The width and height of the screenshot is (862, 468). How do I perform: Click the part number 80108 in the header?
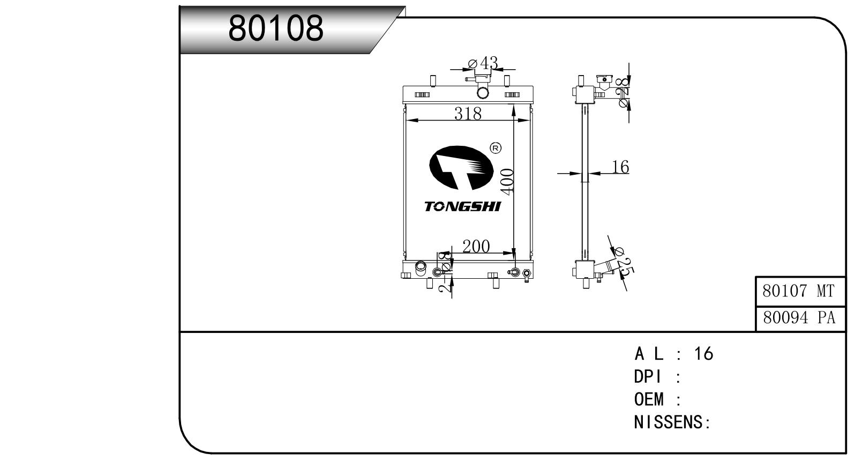pyautogui.click(x=276, y=28)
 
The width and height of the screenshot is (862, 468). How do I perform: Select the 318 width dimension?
pyautogui.click(x=468, y=113)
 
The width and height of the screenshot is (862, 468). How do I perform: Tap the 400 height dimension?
pyautogui.click(x=506, y=181)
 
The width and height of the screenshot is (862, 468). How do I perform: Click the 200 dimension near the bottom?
pyautogui.click(x=476, y=246)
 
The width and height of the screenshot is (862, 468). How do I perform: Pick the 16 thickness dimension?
pyautogui.click(x=620, y=167)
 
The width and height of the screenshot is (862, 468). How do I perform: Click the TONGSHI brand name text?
pyautogui.click(x=462, y=206)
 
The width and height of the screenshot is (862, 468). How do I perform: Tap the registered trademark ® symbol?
pyautogui.click(x=496, y=148)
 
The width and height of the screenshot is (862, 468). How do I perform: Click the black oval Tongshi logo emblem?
pyautogui.click(x=462, y=168)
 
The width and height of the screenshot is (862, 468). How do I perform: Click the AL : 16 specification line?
pyautogui.click(x=674, y=354)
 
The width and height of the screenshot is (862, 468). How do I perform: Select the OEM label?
pyautogui.click(x=649, y=399)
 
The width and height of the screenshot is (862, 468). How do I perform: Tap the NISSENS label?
pyautogui.click(x=671, y=422)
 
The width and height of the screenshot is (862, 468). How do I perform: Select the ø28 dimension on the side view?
pyautogui.click(x=623, y=92)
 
